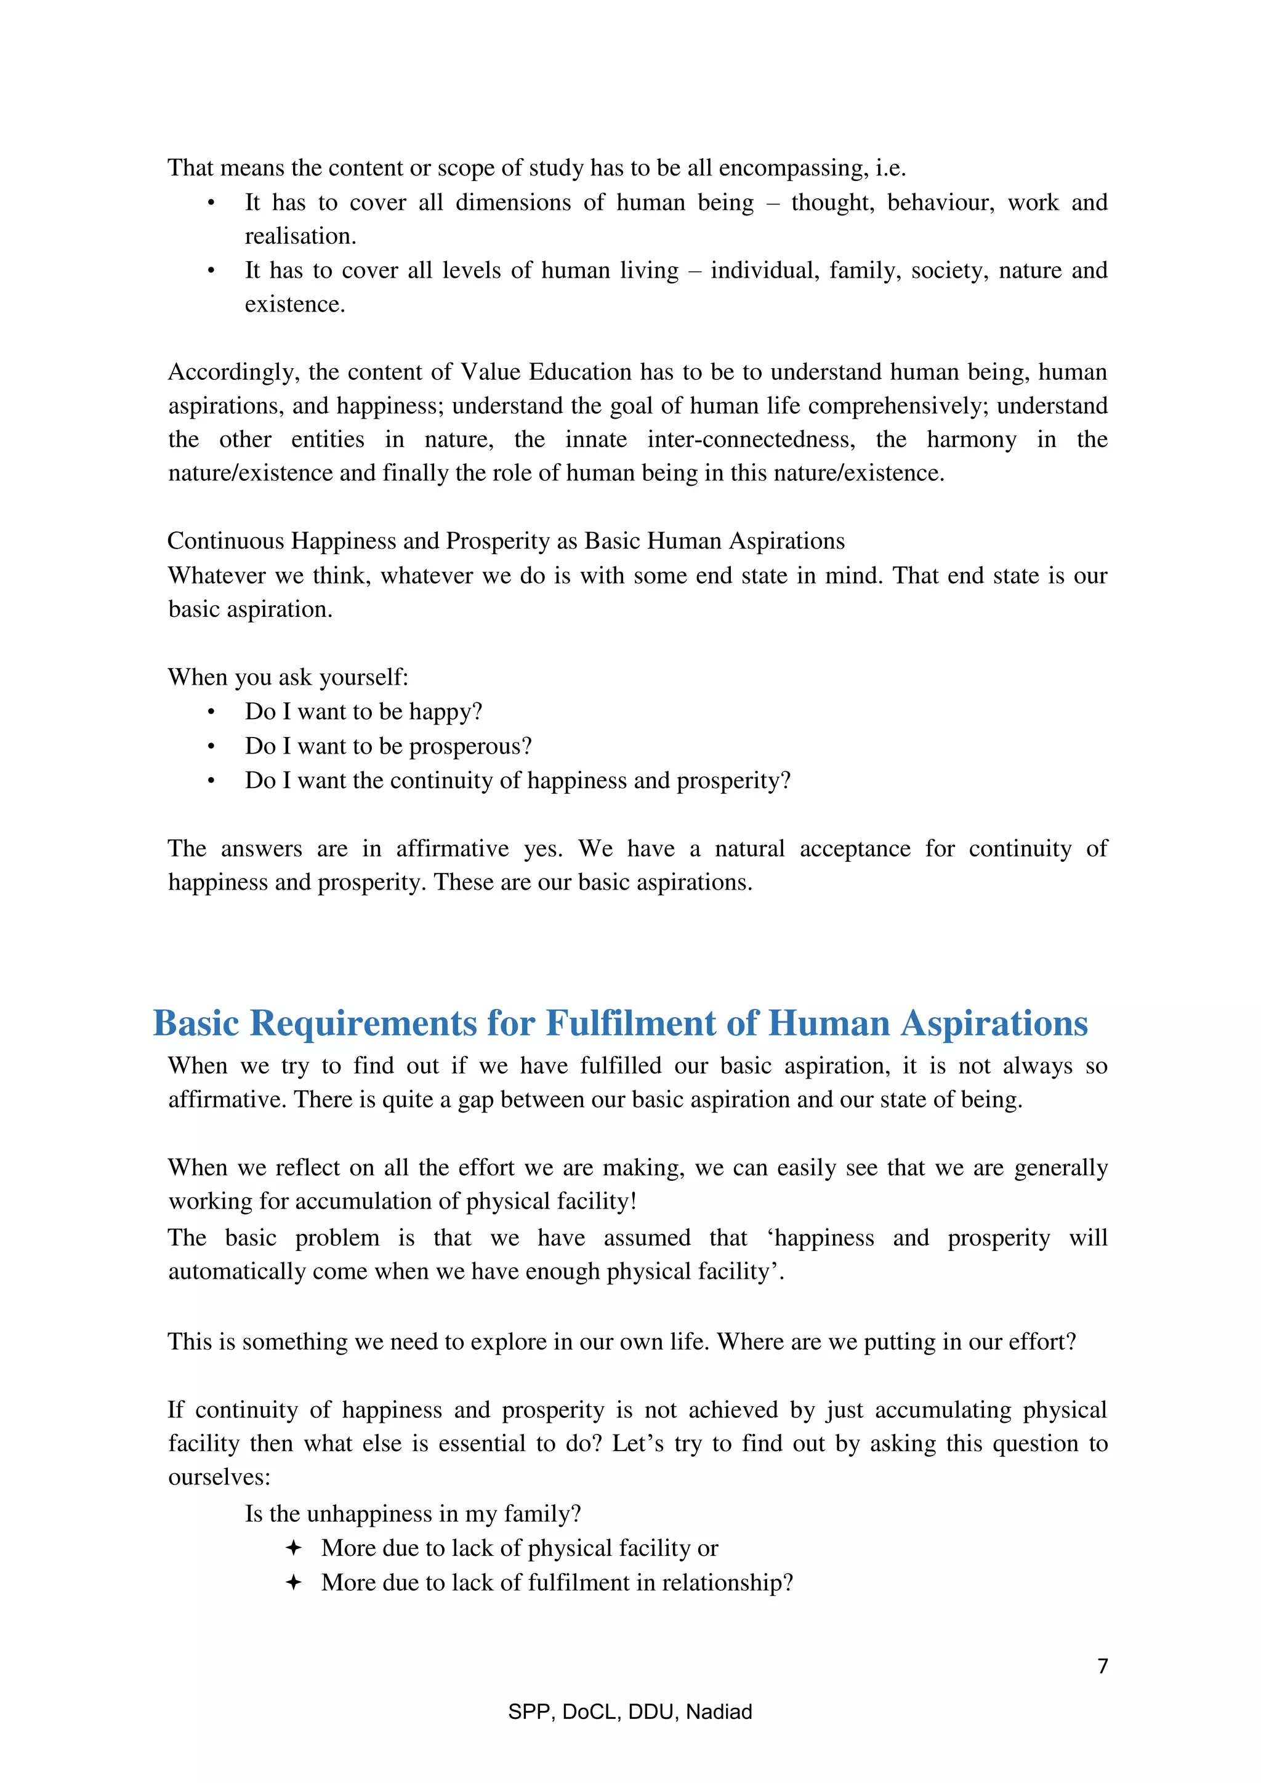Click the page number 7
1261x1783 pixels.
(1102, 1667)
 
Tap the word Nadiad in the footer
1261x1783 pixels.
(719, 1712)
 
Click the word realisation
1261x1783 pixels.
(300, 236)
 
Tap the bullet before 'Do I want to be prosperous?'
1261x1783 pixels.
(211, 747)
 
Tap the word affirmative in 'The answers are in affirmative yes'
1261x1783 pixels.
(452, 849)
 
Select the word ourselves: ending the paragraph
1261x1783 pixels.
(219, 1476)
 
